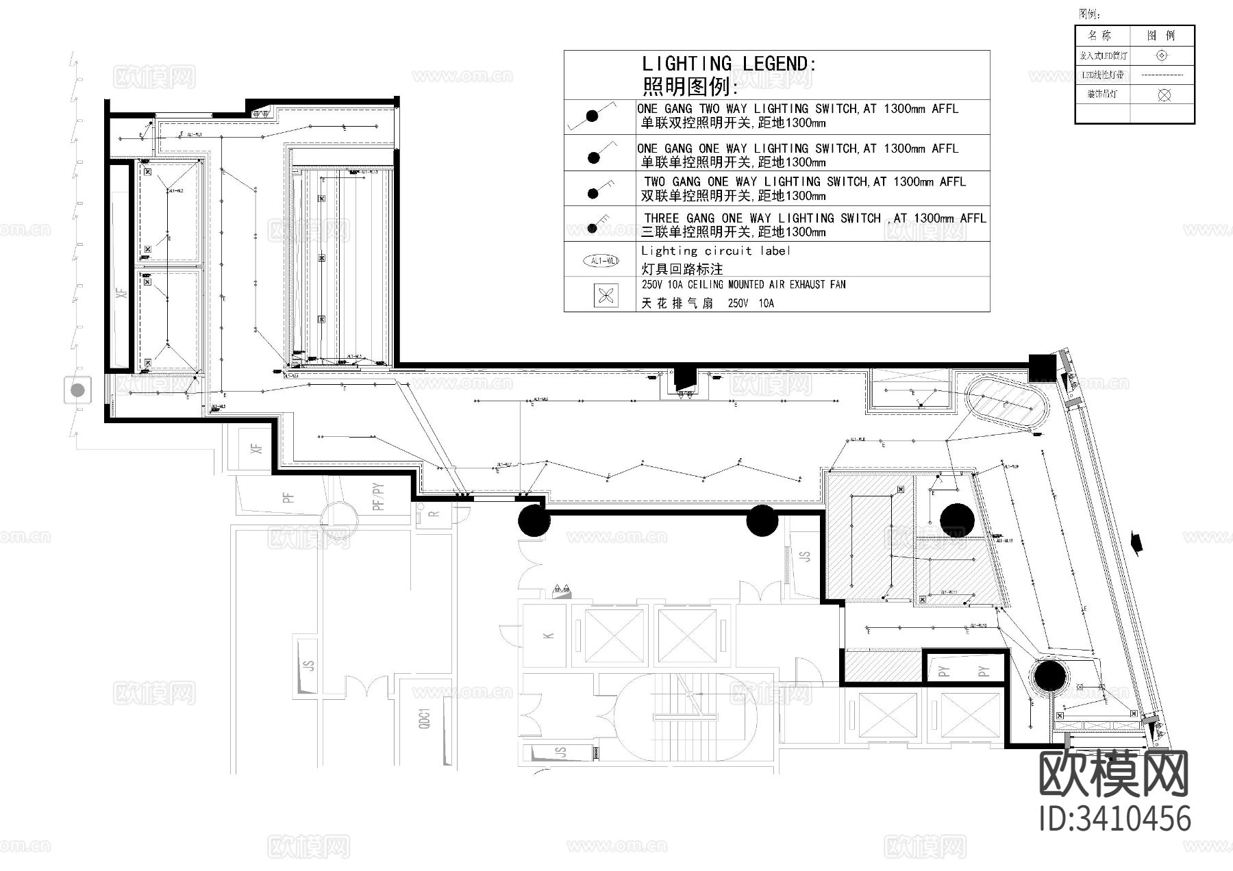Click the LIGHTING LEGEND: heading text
[x=729, y=64]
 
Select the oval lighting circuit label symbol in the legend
[x=600, y=261]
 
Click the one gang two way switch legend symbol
[x=592, y=116]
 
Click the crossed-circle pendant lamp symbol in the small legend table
[x=1164, y=95]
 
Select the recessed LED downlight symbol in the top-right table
[x=1162, y=55]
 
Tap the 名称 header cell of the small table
[x=1102, y=36]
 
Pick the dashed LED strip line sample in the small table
[x=1162, y=75]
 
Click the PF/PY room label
[x=378, y=497]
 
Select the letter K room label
[x=548, y=636]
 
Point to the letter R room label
[x=434, y=514]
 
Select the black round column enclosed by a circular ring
[x=1047, y=677]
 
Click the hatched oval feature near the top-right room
[x=1006, y=404]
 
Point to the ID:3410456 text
[x=1114, y=820]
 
